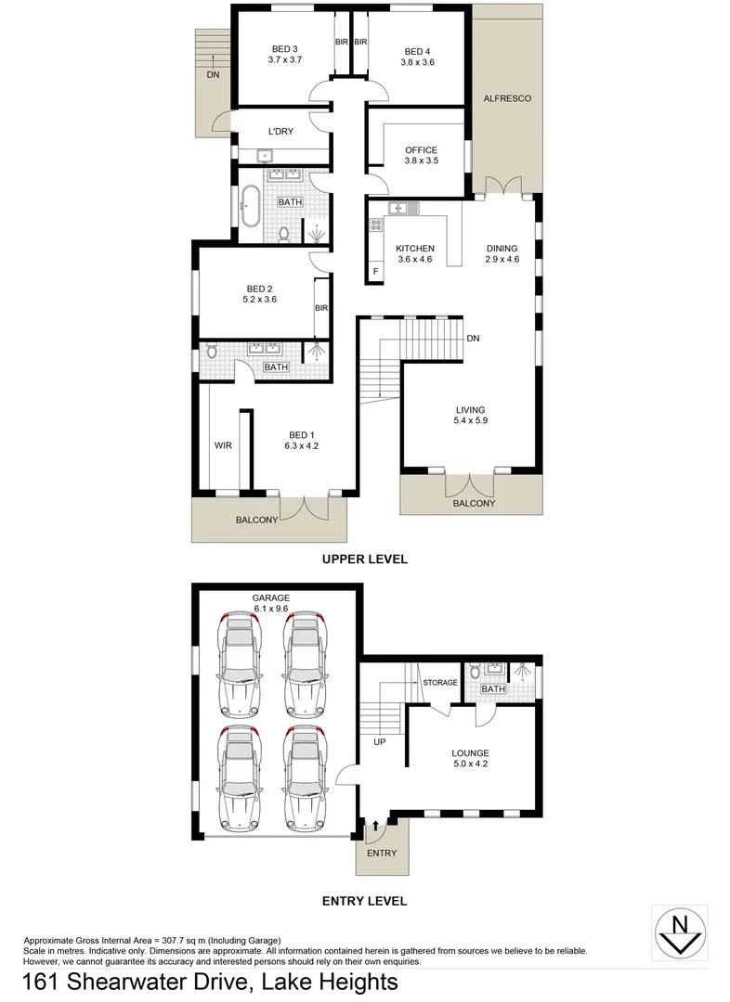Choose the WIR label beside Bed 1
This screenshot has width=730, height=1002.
(223, 446)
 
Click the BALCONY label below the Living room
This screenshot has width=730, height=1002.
(474, 504)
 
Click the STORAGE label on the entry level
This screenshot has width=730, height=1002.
(440, 683)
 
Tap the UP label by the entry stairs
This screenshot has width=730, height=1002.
(379, 742)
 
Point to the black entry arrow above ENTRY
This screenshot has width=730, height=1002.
(376, 823)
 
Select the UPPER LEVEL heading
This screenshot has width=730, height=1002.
(364, 559)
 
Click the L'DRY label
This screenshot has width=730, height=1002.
(280, 132)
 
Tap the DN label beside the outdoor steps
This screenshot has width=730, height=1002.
(213, 74)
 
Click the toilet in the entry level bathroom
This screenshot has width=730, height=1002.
(476, 670)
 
